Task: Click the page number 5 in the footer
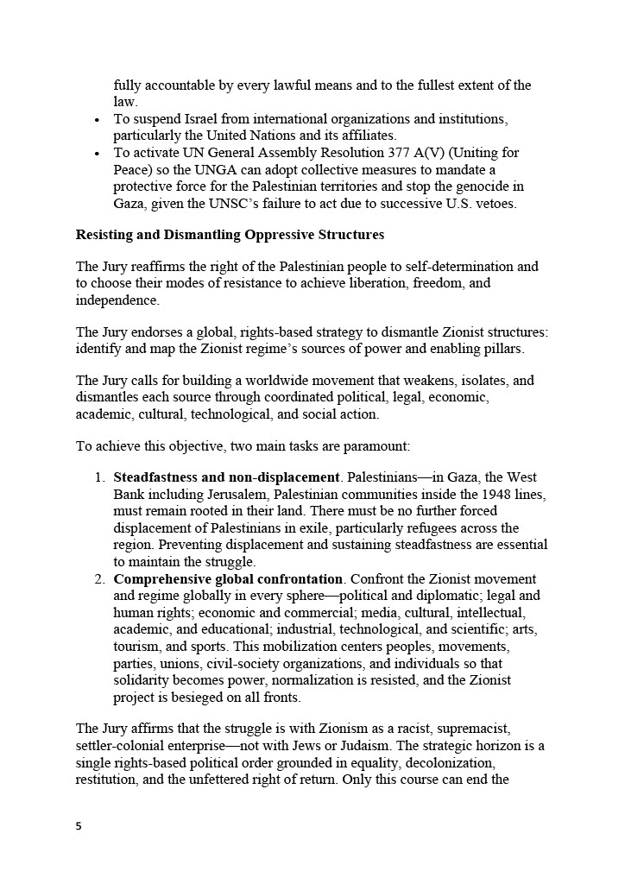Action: (x=79, y=825)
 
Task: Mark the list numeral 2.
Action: (x=99, y=578)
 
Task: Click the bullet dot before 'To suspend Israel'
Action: (x=98, y=119)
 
